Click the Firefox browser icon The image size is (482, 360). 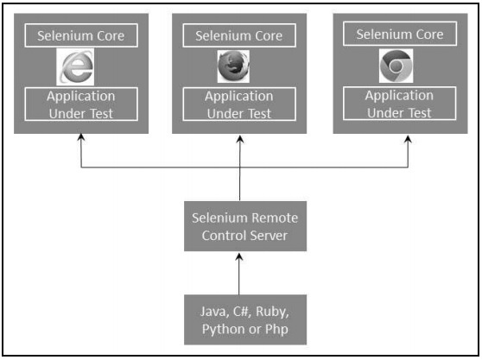pyautogui.click(x=232, y=66)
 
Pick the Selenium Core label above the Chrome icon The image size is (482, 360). pyautogui.click(x=399, y=35)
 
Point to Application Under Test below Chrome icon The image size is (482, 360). pyautogui.click(x=399, y=104)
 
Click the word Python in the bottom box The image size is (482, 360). pyautogui.click(x=221, y=329)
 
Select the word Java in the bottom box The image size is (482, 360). pyautogui.click(x=212, y=311)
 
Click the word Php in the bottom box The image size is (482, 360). pyautogui.click(x=280, y=329)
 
